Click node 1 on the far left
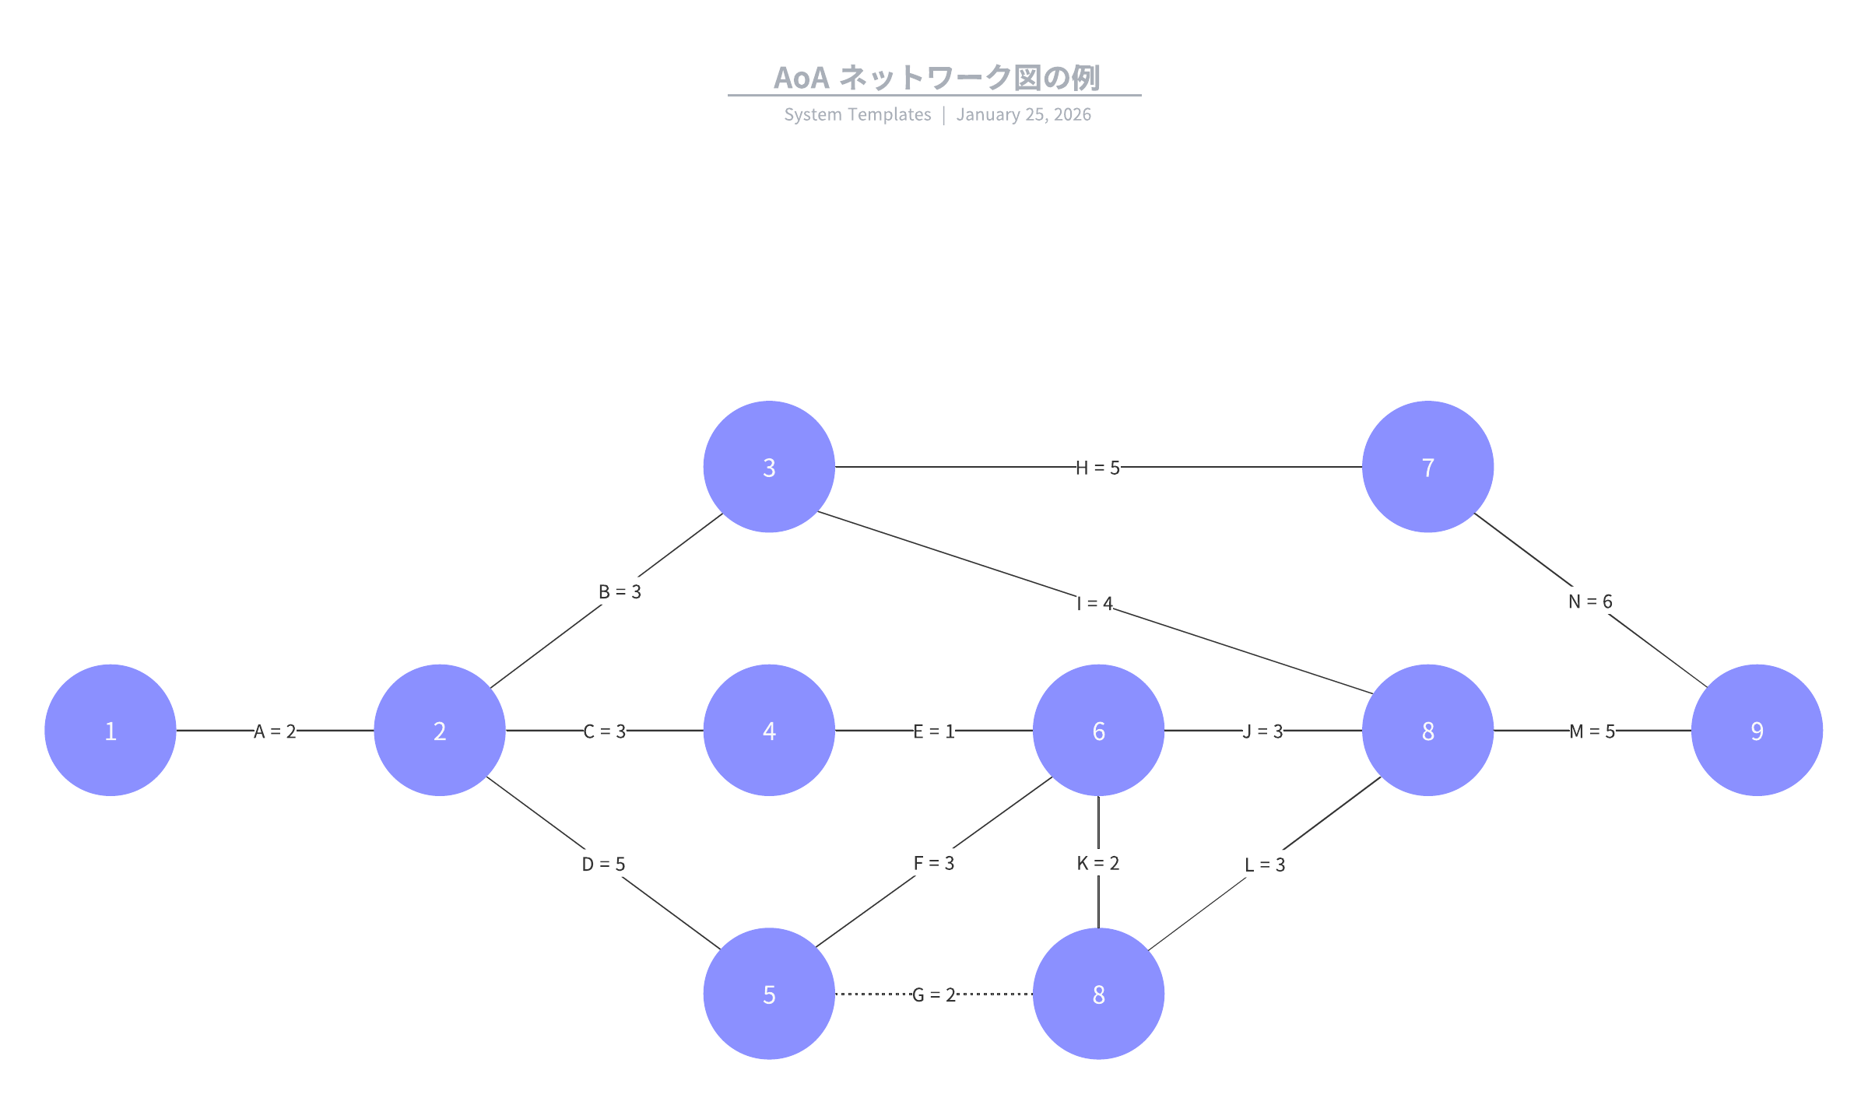coord(111,730)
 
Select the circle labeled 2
coord(440,730)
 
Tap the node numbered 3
coord(769,467)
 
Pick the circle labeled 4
coord(769,730)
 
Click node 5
coord(769,994)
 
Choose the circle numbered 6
coord(1098,730)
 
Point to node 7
coord(1427,467)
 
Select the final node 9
coord(1757,730)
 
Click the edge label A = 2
coord(275,731)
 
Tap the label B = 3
coord(620,591)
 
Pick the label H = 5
coord(1097,468)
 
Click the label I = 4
coord(1094,604)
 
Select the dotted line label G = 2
coord(933,995)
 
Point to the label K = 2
coord(1097,863)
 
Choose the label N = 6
coord(1590,602)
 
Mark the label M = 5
coord(1592,731)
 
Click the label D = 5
coord(603,864)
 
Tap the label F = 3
coord(933,863)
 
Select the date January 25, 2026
coord(1024,114)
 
